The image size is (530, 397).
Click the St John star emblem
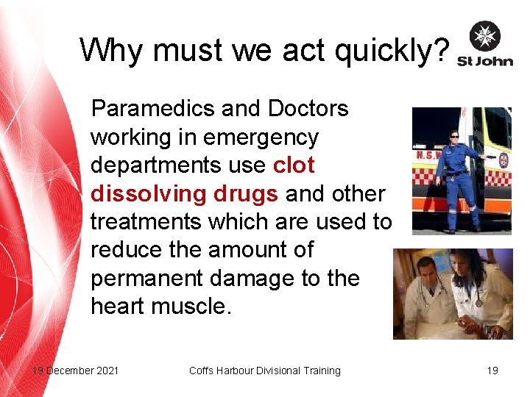pos(484,37)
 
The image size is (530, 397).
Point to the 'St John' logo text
pos(484,61)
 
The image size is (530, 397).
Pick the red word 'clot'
pos(294,165)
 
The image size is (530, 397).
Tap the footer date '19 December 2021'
pos(75,371)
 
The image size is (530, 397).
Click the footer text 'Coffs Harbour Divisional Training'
pos(264,371)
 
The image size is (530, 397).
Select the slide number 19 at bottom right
pos(492,371)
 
